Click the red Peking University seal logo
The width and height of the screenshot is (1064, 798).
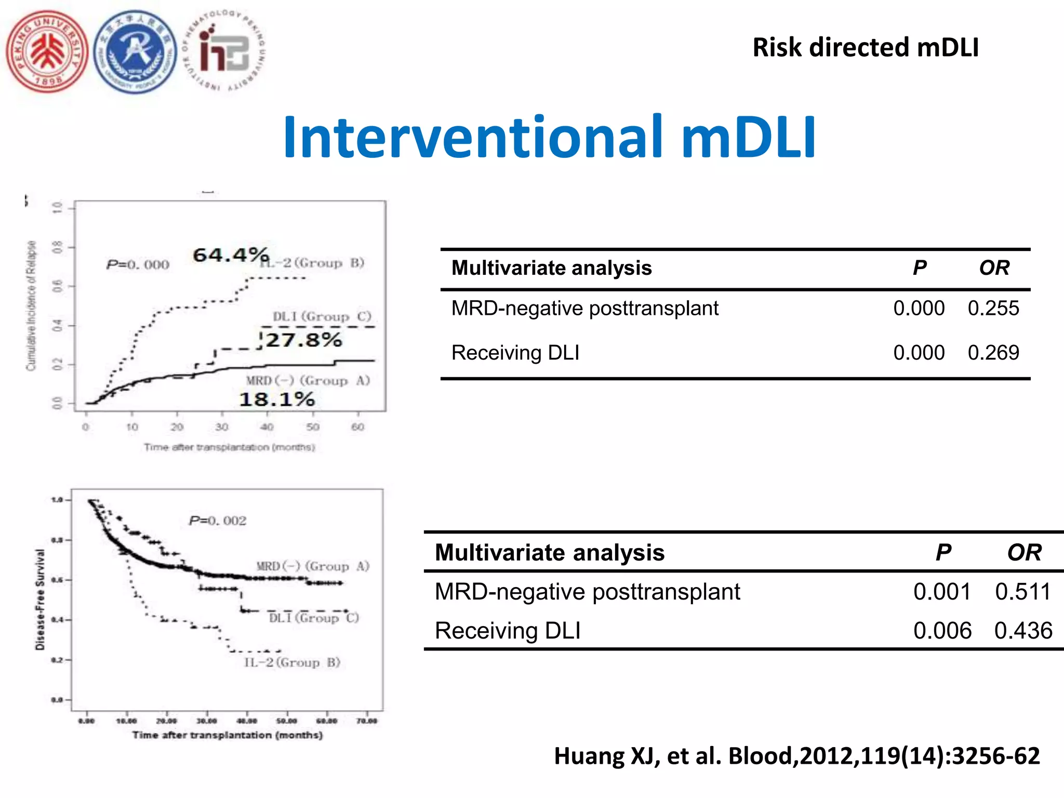tap(47, 52)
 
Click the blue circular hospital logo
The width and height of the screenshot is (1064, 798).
tap(136, 52)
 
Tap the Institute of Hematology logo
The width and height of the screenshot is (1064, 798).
tap(224, 52)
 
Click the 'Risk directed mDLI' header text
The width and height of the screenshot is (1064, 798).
tap(866, 47)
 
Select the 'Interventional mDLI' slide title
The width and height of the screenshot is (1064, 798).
tap(549, 137)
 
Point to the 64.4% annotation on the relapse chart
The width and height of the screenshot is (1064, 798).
tap(231, 255)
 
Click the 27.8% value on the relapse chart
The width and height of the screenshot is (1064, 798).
tap(303, 340)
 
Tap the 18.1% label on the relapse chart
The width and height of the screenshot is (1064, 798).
tap(277, 400)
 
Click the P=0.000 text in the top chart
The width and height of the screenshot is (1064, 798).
tap(138, 265)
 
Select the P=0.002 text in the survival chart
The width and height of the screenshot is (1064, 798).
tap(218, 521)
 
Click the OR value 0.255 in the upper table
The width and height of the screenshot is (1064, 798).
tap(993, 309)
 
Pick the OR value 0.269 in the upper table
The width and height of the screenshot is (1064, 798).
tap(993, 353)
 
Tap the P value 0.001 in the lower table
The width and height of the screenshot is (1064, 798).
tap(942, 592)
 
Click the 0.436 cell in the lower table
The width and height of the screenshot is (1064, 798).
tap(1023, 631)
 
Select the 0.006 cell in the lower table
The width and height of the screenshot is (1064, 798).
tap(942, 631)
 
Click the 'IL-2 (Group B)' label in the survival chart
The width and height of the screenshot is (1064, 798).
tap(292, 662)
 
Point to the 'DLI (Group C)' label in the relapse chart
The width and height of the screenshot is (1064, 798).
tap(322, 316)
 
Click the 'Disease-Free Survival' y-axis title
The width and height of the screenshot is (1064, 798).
tap(40, 599)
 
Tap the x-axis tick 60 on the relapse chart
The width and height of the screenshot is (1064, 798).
tap(357, 427)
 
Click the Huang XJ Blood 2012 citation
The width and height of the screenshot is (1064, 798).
tap(796, 756)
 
